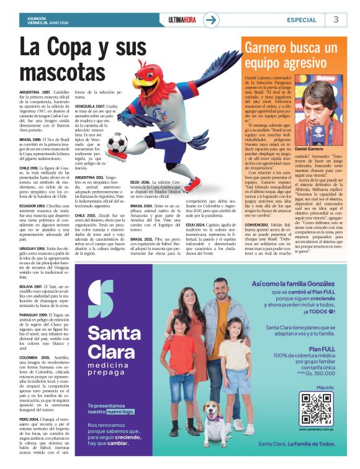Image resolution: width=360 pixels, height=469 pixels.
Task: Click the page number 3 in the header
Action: click(x=336, y=19)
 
